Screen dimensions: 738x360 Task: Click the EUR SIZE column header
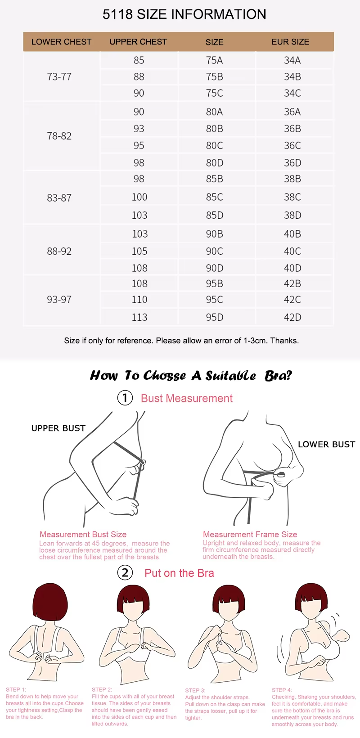tap(290, 42)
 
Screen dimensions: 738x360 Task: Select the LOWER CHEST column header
tap(61, 42)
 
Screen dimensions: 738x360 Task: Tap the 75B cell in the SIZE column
tap(214, 77)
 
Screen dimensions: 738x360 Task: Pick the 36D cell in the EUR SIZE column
tap(292, 163)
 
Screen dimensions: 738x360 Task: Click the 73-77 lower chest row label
tap(59, 77)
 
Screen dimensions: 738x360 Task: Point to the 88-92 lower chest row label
tap(59, 251)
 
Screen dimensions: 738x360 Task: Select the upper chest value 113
tap(139, 317)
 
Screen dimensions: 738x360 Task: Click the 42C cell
tap(292, 300)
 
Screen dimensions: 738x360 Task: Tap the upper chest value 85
tap(139, 60)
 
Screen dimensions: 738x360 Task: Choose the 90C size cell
tap(214, 251)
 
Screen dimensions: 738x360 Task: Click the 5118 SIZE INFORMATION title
tap(184, 14)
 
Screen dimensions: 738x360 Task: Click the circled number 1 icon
tap(125, 398)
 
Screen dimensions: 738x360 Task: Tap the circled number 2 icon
tap(125, 573)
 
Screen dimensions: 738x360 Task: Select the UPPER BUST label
tap(58, 428)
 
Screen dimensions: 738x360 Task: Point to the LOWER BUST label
tap(326, 445)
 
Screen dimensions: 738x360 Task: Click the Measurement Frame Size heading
tap(250, 535)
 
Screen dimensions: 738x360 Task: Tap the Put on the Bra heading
tap(179, 573)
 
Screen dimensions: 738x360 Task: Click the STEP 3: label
tap(195, 690)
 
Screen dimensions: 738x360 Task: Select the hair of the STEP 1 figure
tap(50, 603)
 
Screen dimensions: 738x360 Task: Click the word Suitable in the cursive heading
tap(231, 376)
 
